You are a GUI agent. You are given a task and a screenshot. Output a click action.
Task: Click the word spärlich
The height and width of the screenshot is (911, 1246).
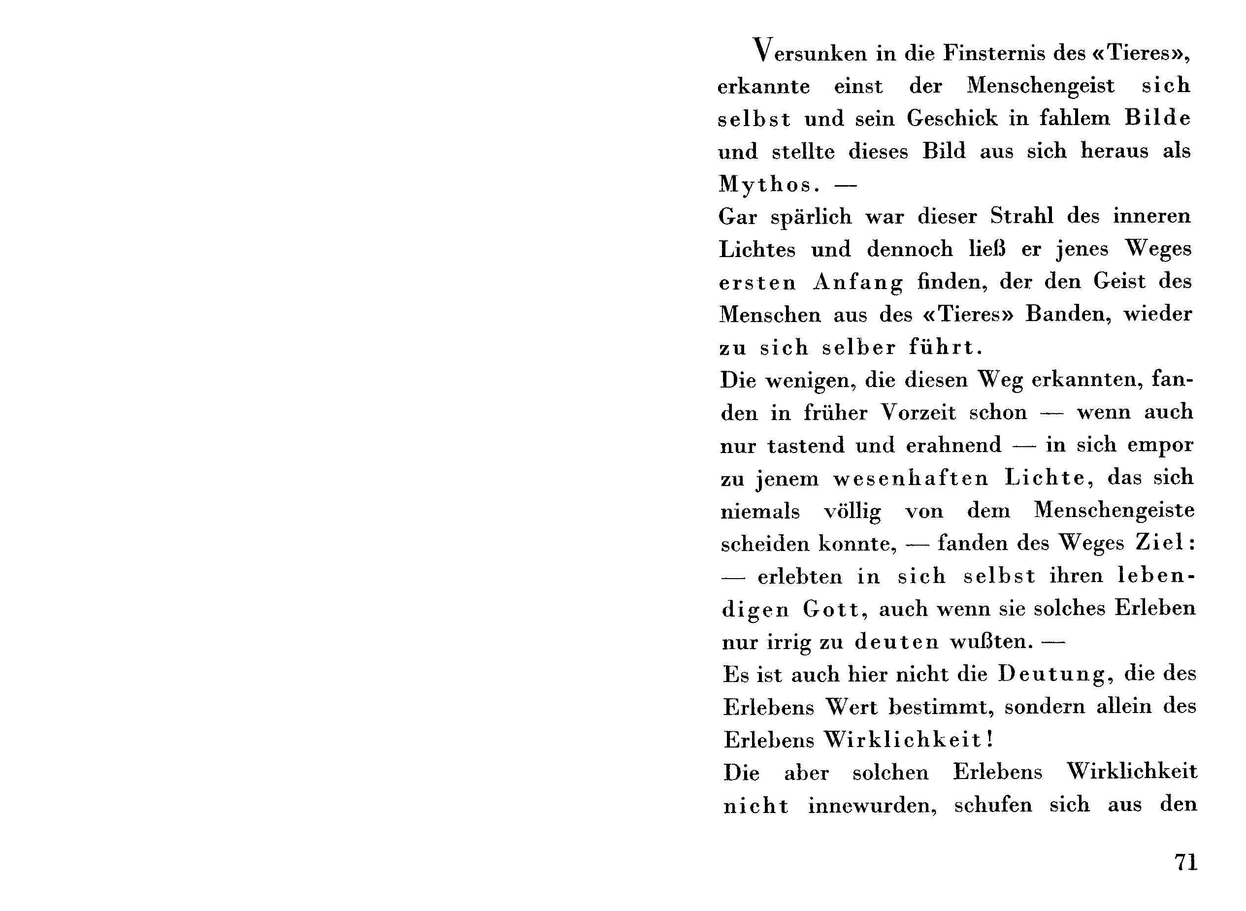[811, 217]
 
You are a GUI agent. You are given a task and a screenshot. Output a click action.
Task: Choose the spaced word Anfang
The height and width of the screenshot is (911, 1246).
[858, 282]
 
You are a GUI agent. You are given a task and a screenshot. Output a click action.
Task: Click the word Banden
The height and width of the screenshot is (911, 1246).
[1068, 314]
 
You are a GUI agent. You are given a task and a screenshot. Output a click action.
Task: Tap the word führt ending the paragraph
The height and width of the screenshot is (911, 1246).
[946, 348]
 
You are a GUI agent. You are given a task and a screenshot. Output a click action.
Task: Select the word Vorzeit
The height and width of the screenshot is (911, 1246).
[918, 412]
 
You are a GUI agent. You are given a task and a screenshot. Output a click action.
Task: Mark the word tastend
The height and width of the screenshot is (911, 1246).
[805, 445]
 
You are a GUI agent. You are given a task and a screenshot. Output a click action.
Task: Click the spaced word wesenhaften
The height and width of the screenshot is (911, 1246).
[910, 478]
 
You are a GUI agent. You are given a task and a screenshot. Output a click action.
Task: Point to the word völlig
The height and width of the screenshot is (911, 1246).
[852, 512]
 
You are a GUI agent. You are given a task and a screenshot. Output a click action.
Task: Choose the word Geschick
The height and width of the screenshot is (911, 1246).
[952, 118]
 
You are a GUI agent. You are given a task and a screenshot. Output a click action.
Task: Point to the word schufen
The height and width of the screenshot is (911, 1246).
[992, 805]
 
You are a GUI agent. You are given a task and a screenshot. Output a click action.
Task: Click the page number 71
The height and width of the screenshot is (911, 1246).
[1186, 861]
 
